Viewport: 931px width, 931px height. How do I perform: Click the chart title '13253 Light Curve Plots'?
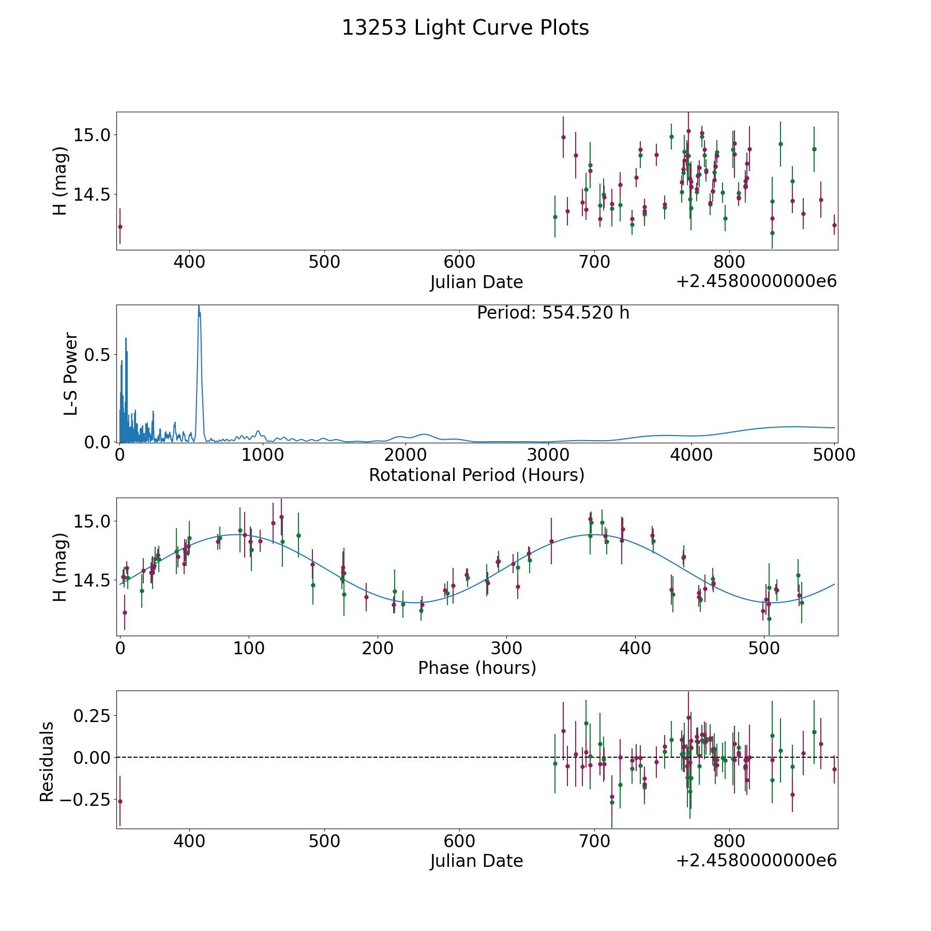tap(465, 28)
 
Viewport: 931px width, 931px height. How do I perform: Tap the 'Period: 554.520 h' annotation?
tap(553, 313)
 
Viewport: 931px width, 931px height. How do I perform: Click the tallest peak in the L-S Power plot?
tap(199, 306)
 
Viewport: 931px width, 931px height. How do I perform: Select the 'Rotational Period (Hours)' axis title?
tap(476, 475)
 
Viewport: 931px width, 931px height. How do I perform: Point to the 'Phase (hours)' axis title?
tap(477, 668)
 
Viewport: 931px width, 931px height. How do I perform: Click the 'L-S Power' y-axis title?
tap(71, 373)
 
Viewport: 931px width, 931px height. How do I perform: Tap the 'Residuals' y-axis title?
tap(47, 762)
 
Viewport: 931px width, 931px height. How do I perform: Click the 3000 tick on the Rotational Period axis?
tap(548, 455)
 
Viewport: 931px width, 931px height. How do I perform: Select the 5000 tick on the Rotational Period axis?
tap(834, 455)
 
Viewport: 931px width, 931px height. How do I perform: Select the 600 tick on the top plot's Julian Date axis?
tap(459, 262)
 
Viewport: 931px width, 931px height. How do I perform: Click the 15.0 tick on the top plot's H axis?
tap(92, 135)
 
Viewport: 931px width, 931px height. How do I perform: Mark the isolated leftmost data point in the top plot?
tap(120, 227)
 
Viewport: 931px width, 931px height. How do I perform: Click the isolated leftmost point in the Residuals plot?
tap(120, 801)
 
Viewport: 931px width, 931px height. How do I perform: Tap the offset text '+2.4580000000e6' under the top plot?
tap(756, 281)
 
